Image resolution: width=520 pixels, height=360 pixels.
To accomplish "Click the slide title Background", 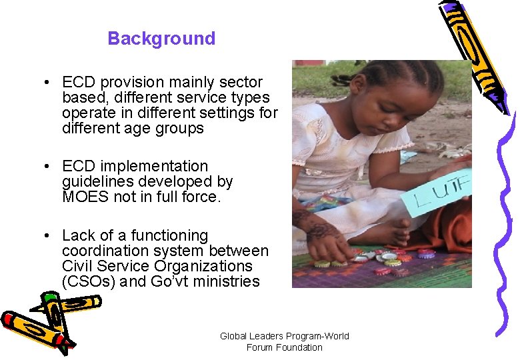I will point(161,39).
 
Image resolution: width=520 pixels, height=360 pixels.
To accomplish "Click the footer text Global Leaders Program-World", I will point(285,336).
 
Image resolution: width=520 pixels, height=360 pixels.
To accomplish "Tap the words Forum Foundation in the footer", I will point(285,347).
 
